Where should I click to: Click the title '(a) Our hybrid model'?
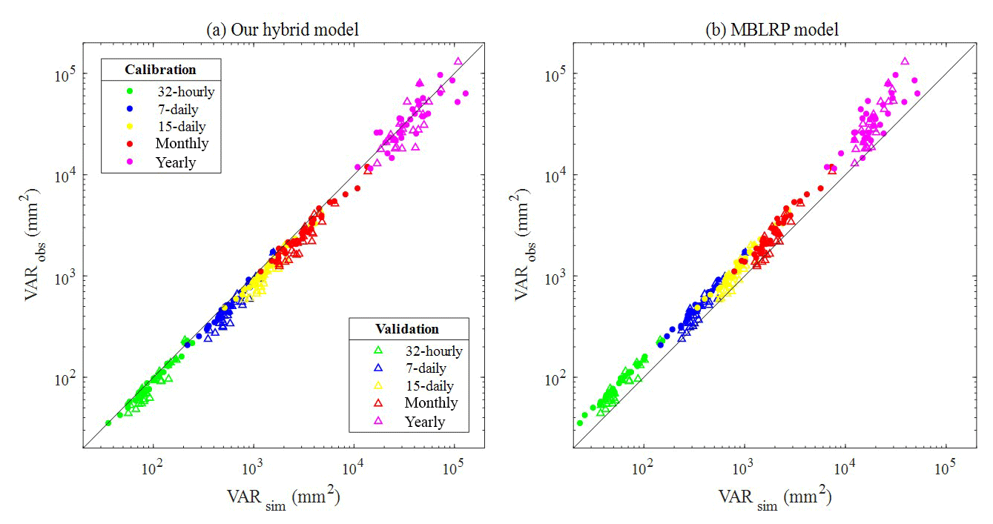coord(283,30)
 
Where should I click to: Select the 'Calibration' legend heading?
coord(160,70)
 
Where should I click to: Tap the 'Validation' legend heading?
coord(408,328)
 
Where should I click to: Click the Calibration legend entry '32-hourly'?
coord(185,92)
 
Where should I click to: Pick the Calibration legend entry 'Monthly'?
coord(182,144)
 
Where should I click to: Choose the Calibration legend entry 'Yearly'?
coord(176,162)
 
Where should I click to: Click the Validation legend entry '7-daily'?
coord(425,368)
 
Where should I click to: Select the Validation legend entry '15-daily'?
coord(429,385)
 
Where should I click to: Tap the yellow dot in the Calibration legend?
coord(130,127)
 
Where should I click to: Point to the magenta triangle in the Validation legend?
coord(377,421)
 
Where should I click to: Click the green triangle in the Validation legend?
coord(377,351)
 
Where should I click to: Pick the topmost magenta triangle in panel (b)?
coord(905,62)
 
